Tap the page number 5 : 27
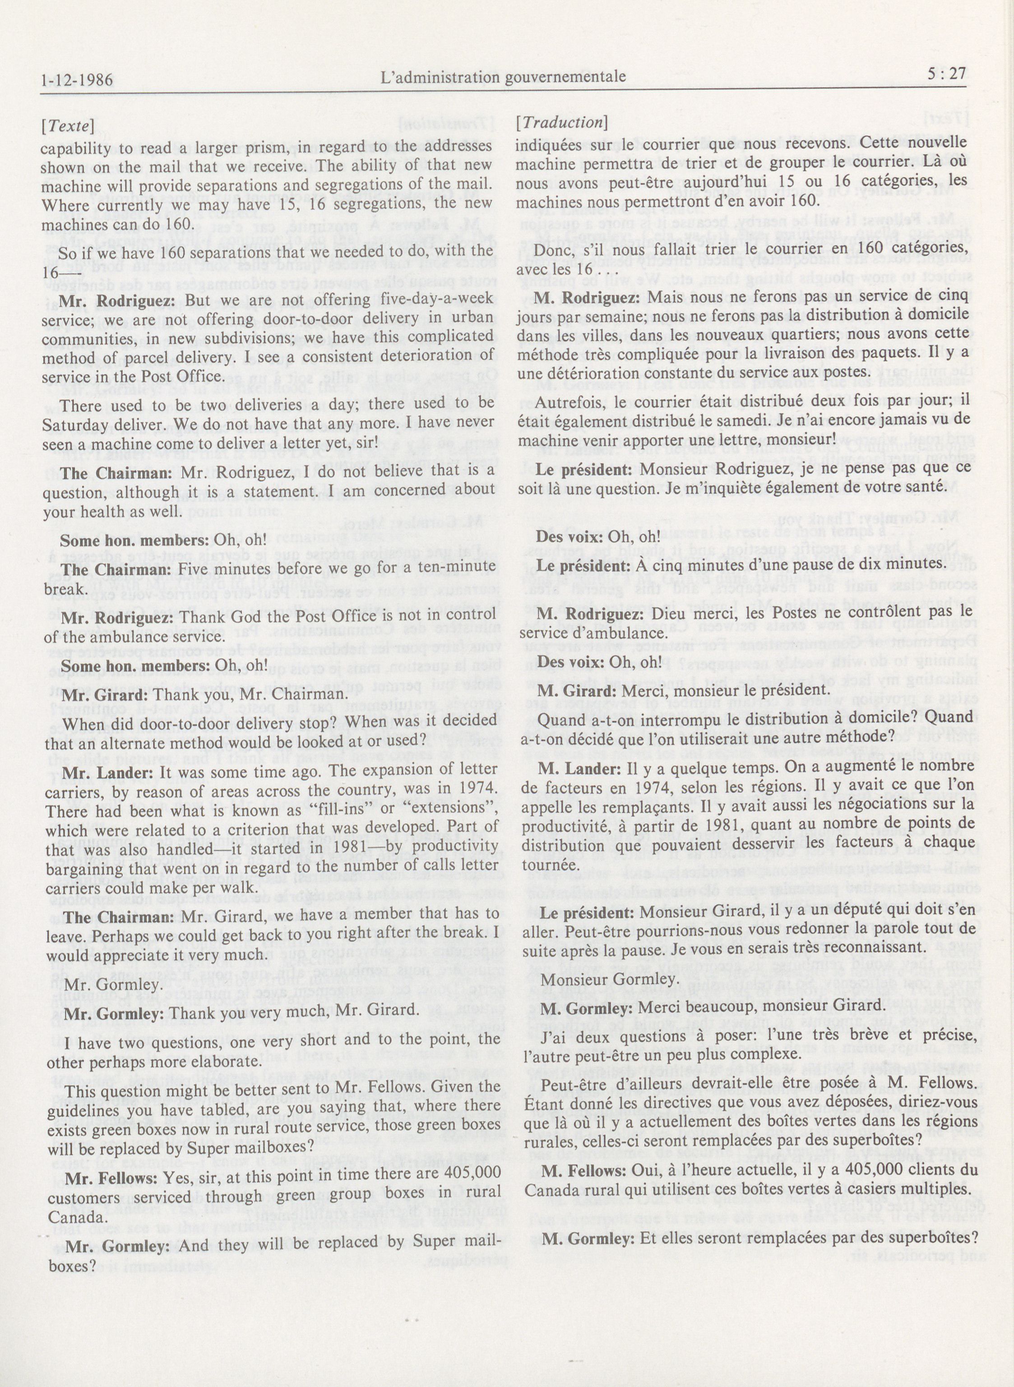pyautogui.click(x=947, y=74)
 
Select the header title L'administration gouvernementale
pyautogui.click(x=503, y=77)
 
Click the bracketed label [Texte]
pyautogui.click(x=68, y=126)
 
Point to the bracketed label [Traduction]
pyautogui.click(x=562, y=123)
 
